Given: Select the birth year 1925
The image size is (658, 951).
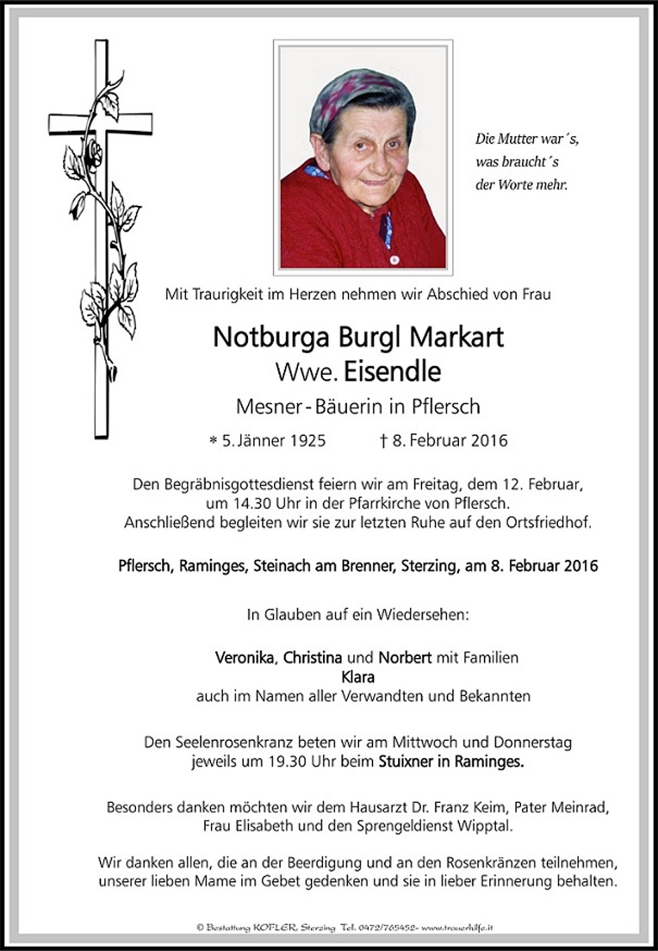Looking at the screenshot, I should pos(306,441).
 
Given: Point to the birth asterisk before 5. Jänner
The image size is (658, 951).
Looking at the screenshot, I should pos(213,441).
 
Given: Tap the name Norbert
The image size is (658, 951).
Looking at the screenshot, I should pos(405,657).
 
